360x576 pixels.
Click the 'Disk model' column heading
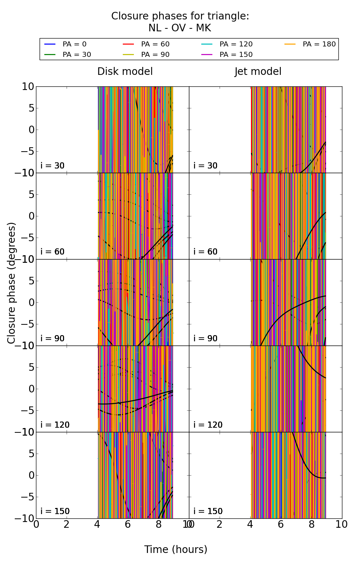pyautogui.click(x=125, y=72)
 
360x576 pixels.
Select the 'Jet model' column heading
pyautogui.click(x=258, y=72)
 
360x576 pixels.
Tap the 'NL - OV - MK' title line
pyautogui.click(x=180, y=28)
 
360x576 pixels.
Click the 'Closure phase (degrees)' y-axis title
pyautogui.click(x=12, y=283)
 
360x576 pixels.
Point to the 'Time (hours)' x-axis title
pyautogui.click(x=176, y=549)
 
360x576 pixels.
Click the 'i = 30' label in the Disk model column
pyautogui.click(x=53, y=166)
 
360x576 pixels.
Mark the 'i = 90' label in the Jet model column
pyautogui.click(x=206, y=338)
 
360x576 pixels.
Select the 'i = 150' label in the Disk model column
pyautogui.click(x=55, y=511)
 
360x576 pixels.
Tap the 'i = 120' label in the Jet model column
pyautogui.click(x=208, y=425)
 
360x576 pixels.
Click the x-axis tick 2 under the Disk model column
pyautogui.click(x=67, y=525)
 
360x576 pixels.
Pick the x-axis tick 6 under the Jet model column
pyautogui.click(x=281, y=525)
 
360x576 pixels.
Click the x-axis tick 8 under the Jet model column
pyautogui.click(x=311, y=525)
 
